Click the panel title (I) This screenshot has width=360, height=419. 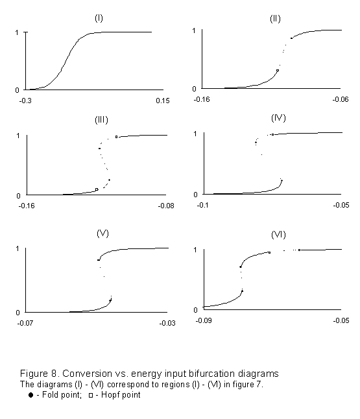(99, 18)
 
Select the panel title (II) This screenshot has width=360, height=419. (275, 19)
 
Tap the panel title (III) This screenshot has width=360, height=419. (102, 119)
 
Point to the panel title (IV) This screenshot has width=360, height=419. (278, 118)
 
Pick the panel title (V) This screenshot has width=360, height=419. (102, 233)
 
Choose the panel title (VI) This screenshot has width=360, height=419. (278, 235)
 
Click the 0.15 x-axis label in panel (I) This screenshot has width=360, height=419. (163, 101)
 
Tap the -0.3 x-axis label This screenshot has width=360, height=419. (25, 101)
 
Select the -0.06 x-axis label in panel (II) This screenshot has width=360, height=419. (341, 99)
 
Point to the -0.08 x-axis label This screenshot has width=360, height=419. (166, 206)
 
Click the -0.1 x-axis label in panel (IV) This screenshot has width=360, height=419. (202, 205)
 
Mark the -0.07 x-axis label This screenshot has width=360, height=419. (25, 323)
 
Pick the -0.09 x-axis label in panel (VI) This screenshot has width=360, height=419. (204, 320)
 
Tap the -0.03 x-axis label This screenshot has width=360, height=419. (167, 323)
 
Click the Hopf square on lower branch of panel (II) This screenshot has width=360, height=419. (278, 71)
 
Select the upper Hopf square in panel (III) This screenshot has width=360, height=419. (117, 137)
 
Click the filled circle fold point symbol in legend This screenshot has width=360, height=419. (30, 395)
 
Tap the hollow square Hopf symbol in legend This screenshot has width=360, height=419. (91, 395)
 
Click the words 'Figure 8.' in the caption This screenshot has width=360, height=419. (40, 374)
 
